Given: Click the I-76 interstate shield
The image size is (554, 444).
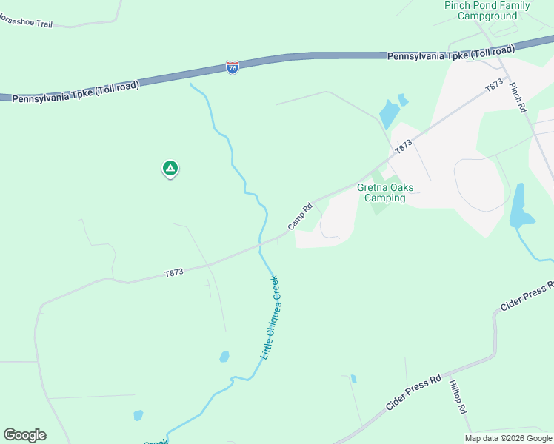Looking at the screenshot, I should pos(233,67).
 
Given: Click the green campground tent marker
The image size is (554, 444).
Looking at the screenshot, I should pos(170,169).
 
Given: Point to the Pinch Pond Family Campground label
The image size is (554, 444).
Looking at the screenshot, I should pos(487,10).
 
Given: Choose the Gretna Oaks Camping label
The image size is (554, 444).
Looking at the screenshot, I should pos(381,192).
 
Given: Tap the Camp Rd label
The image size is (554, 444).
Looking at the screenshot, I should pos(300,216).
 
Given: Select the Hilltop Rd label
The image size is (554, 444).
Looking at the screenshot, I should pos(457,397).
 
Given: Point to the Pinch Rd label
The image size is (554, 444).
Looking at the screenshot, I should pos(517,97).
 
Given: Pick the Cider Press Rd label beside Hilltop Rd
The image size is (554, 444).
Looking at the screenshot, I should pos(413,393).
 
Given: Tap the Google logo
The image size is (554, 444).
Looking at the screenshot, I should pos(24,435).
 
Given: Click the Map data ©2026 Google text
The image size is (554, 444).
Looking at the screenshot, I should pos(509,438).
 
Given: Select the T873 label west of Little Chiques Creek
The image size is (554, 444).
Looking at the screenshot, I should pos(174,273).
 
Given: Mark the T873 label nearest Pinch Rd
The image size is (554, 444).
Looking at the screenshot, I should pos(494,87).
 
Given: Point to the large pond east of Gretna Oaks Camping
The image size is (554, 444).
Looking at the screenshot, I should pos(519,206).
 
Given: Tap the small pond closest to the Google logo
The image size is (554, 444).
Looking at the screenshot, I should pos(138,415).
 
